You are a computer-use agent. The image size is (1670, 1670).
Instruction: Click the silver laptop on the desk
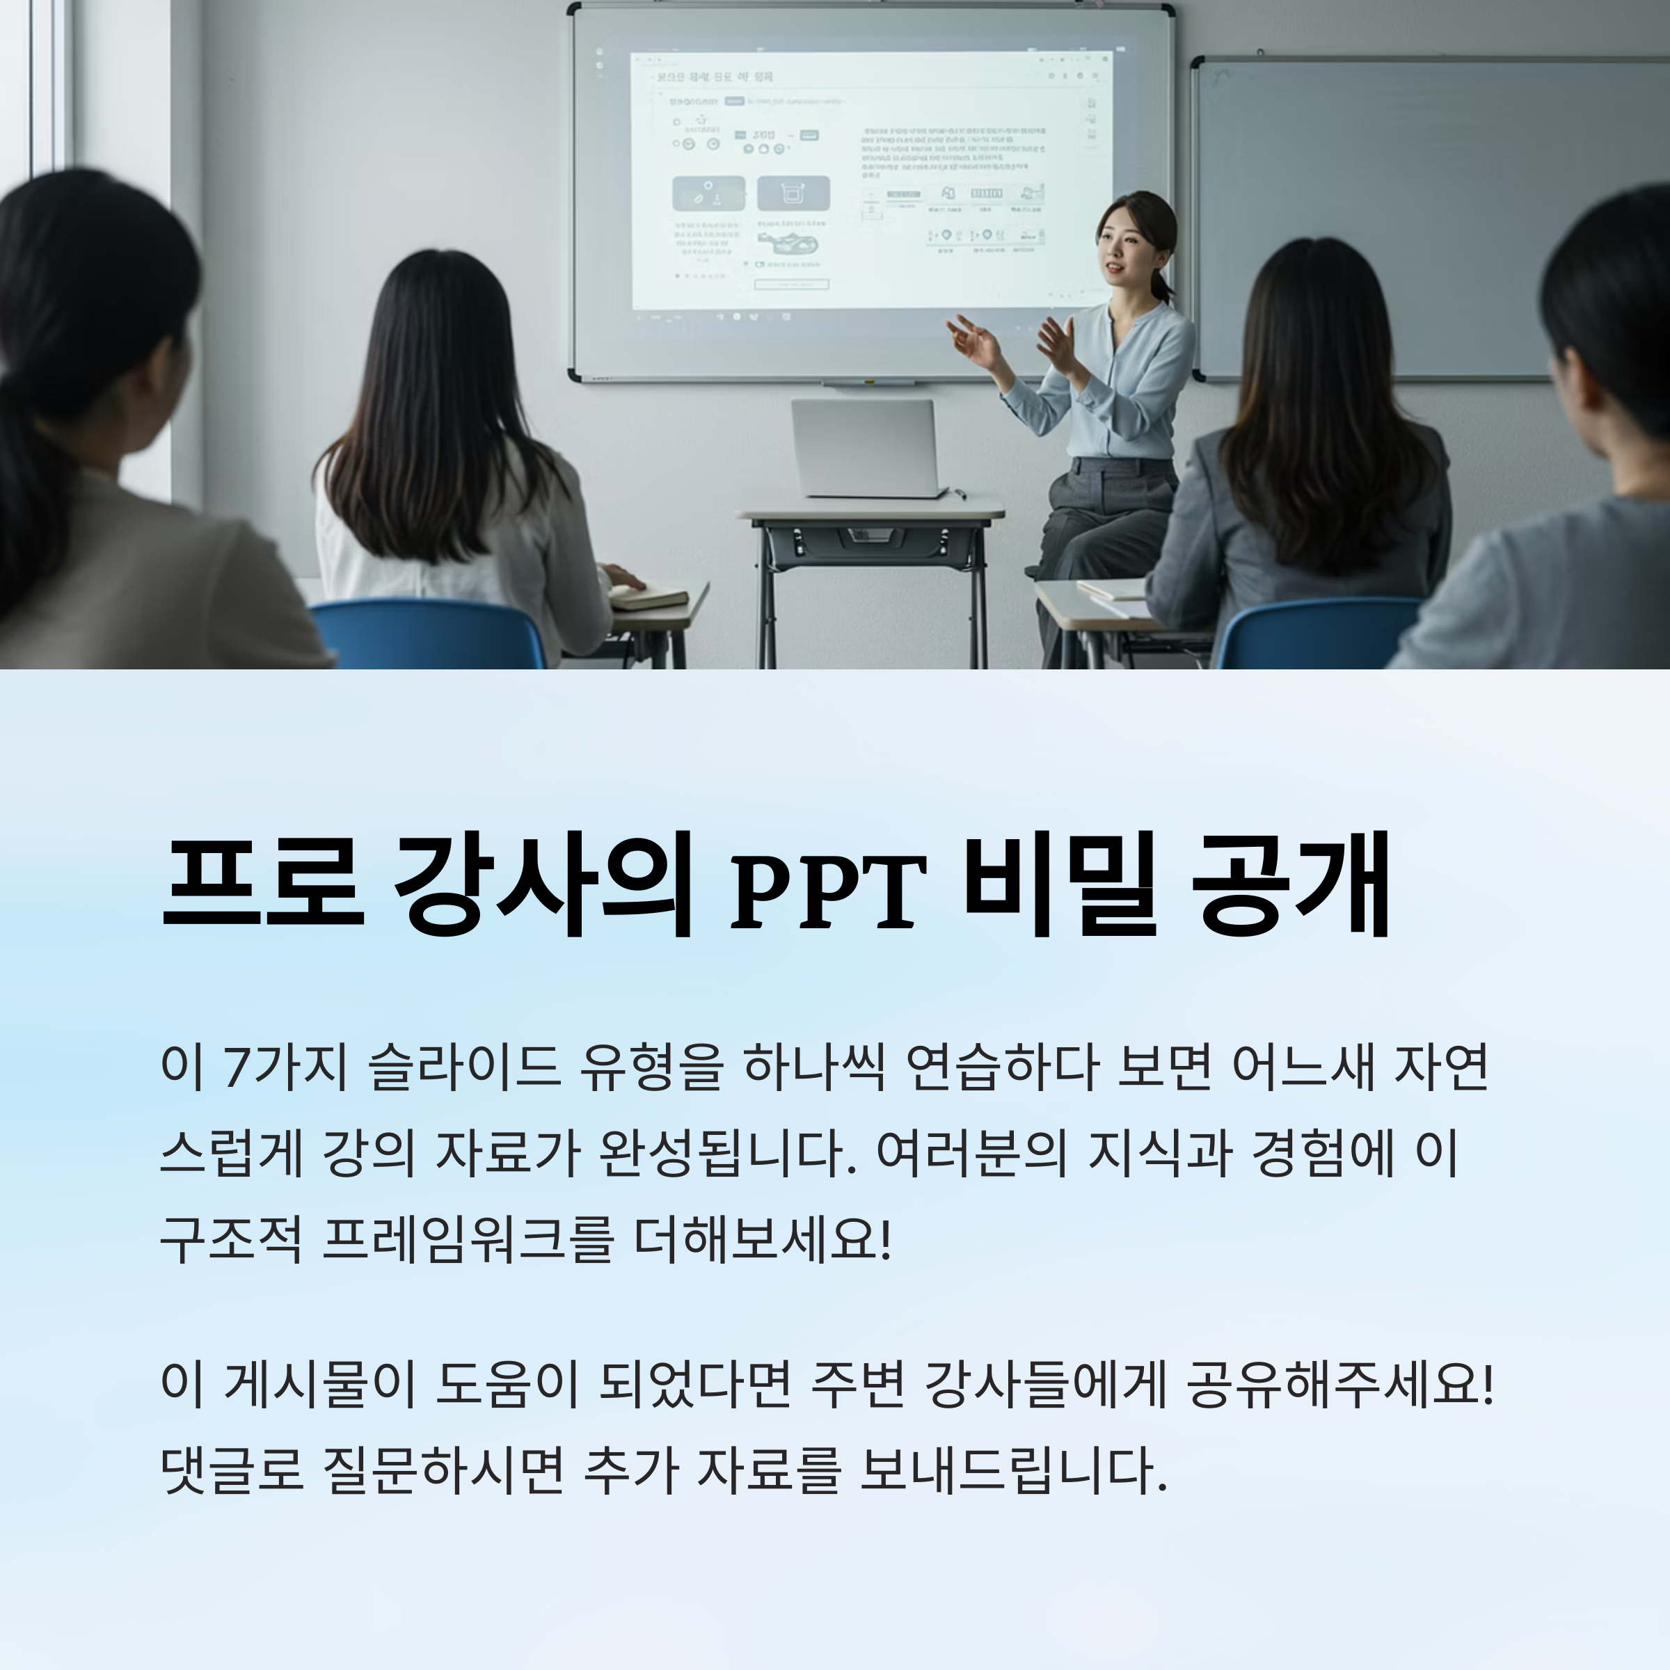point(865,447)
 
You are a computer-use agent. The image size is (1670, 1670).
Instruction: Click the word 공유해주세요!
point(1339,1385)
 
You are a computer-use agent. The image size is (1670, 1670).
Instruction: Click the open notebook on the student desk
point(649,596)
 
